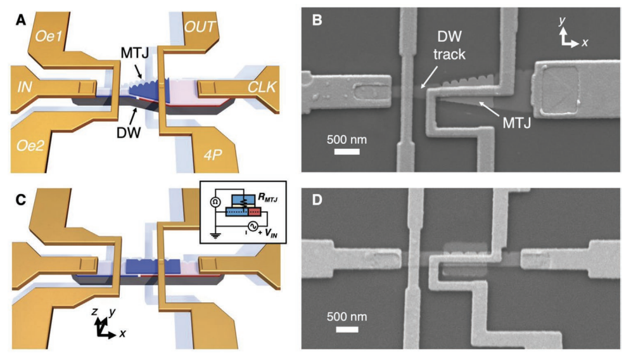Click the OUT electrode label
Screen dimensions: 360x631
pos(201,26)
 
